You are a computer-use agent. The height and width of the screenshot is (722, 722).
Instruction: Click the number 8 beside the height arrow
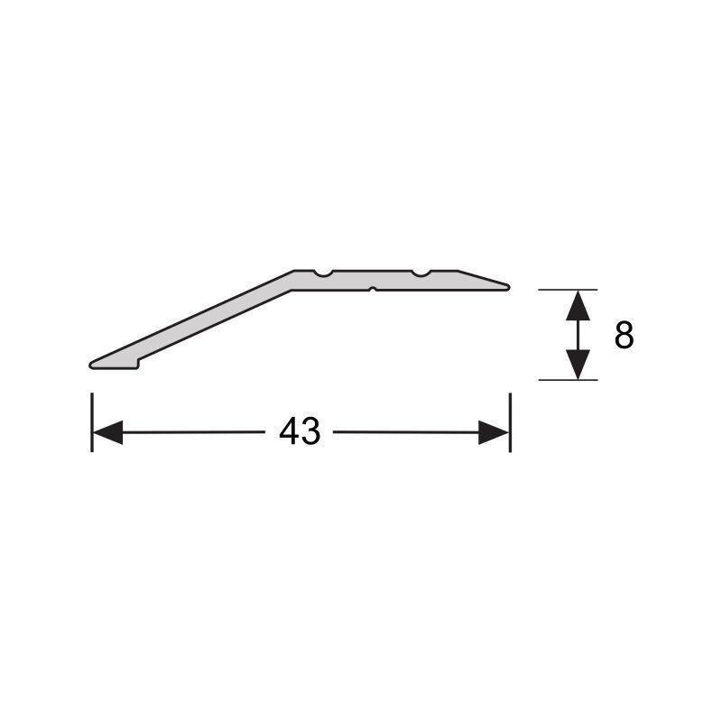click(624, 336)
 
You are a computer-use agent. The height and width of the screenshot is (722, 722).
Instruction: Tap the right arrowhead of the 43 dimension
click(494, 433)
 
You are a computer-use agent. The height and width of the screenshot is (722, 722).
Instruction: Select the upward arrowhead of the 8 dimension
click(578, 307)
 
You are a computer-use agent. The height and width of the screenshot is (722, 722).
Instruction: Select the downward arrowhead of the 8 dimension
click(578, 364)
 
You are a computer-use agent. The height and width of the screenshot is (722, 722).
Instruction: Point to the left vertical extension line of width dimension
click(92, 422)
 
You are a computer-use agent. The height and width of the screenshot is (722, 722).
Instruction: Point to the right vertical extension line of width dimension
click(510, 422)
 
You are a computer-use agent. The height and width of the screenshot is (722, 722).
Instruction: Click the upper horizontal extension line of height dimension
click(568, 290)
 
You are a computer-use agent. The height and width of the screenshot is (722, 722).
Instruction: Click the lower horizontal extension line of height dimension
click(568, 380)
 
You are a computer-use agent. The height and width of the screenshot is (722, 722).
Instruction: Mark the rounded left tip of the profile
click(93, 364)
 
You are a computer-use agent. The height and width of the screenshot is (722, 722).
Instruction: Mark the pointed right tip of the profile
click(508, 288)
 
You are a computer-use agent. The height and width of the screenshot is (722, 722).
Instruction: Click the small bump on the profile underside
click(372, 289)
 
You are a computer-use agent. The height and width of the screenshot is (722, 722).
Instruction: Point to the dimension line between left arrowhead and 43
click(194, 433)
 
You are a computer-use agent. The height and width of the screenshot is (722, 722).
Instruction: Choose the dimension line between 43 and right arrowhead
click(406, 433)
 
